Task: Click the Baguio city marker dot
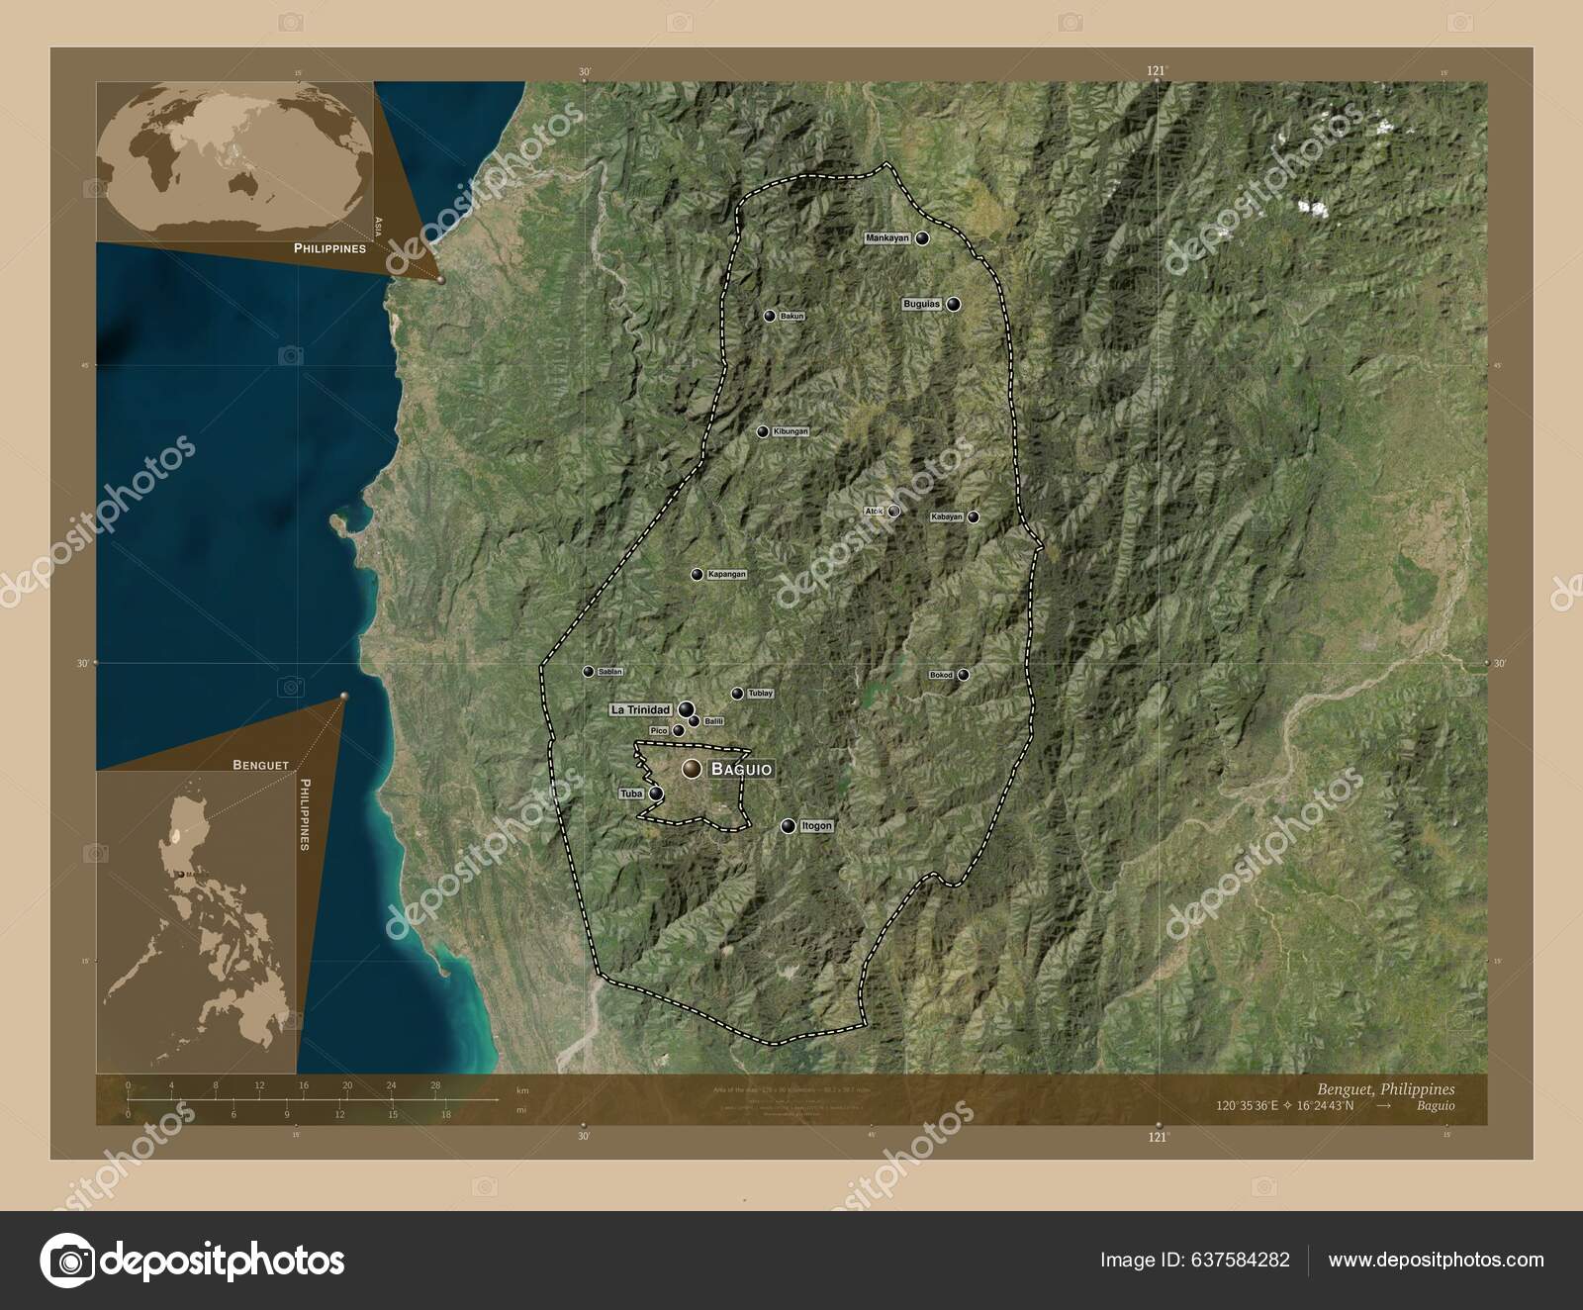pos(692,769)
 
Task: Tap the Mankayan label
pos(886,238)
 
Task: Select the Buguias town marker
pos(953,305)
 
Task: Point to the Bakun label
pos(792,317)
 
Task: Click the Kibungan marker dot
pos(763,431)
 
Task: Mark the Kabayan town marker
pos(974,516)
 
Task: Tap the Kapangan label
pos(727,574)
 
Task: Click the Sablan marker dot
pos(589,671)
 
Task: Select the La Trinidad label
pos(640,709)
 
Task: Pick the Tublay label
pos(760,694)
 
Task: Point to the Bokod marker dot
pos(963,675)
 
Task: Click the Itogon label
pos(816,825)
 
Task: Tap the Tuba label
pos(630,794)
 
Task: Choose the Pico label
pos(659,730)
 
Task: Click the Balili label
pos(714,722)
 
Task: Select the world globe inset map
pos(235,161)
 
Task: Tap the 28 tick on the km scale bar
pos(435,1085)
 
